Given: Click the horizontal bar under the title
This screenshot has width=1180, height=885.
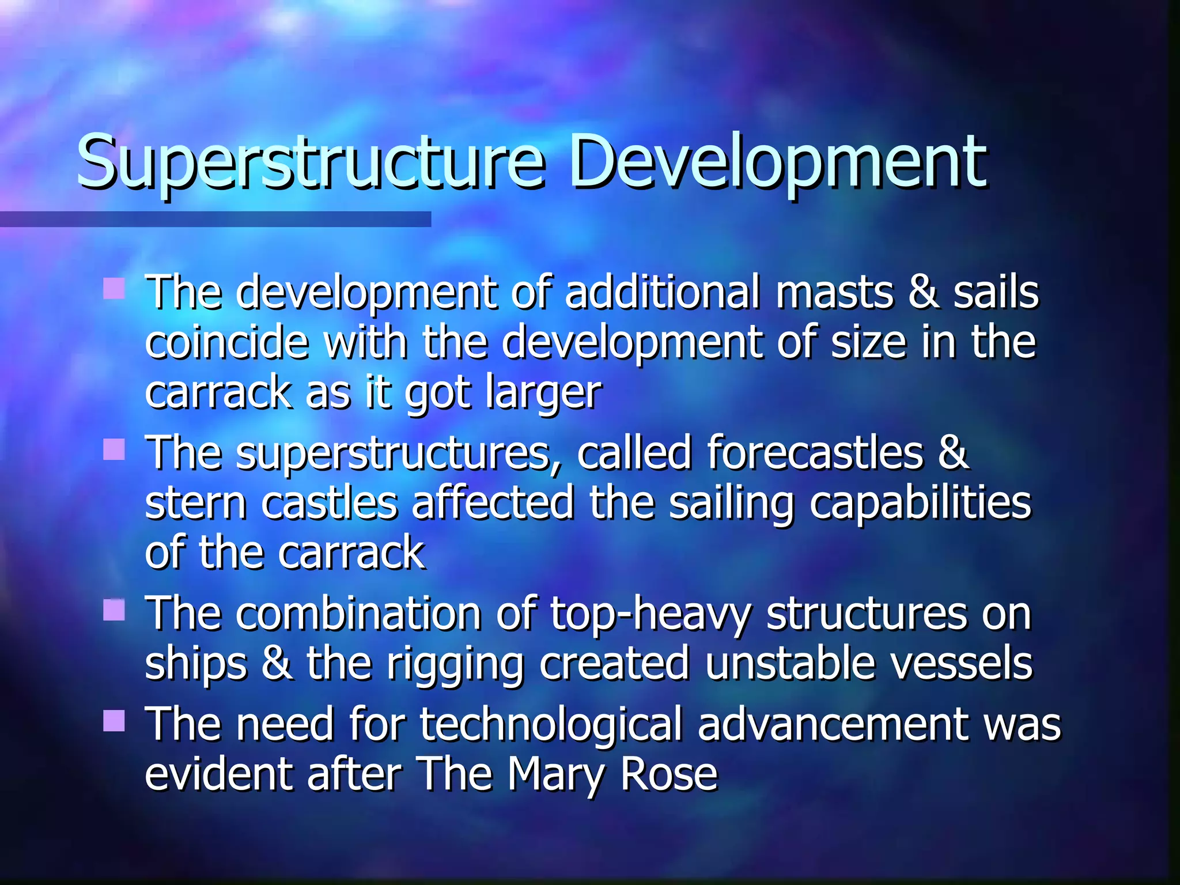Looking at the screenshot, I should click(x=215, y=219).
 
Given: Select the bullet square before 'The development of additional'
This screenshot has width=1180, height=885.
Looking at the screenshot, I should click(x=114, y=289).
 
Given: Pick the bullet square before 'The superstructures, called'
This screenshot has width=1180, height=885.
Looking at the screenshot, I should click(x=114, y=449).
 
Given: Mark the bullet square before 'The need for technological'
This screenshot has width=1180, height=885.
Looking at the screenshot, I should click(x=114, y=720).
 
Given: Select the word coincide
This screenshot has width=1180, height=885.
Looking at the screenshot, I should click(x=226, y=342).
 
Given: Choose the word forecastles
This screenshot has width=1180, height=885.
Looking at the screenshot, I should click(x=815, y=452).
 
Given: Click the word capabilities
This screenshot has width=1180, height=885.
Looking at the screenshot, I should click(x=920, y=502).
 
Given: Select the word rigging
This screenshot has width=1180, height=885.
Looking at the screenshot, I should click(x=455, y=664).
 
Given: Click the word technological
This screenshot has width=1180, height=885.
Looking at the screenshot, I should click(x=550, y=724).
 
